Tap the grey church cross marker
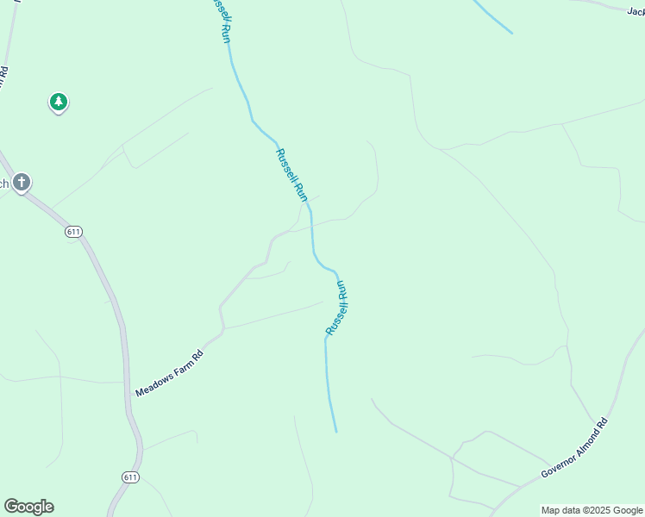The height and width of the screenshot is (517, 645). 22,183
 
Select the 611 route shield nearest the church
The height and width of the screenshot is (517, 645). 73,232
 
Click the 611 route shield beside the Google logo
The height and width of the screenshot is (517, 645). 130,477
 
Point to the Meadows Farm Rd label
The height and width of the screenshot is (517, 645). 169,373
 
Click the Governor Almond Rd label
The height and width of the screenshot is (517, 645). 574,448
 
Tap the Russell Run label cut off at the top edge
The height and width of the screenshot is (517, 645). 222,16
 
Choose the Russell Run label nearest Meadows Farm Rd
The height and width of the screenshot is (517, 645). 336,308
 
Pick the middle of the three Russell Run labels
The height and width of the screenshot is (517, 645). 291,176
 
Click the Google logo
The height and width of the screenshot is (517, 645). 28,507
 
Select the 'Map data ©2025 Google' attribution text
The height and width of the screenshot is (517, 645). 592,510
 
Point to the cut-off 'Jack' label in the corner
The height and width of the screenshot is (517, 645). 636,11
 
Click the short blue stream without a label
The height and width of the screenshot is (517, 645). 492,16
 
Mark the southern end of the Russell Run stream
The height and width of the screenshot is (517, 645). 335,430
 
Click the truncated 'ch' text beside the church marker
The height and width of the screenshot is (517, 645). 4,183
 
